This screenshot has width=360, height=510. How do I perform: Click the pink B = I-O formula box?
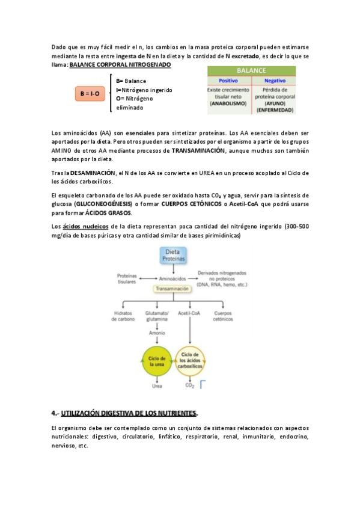point(90,94)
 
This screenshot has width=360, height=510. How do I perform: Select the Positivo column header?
point(229,80)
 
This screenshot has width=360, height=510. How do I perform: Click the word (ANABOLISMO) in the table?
point(229,103)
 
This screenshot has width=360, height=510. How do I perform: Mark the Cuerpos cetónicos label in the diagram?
point(222,316)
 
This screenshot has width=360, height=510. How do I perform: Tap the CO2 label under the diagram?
point(190,386)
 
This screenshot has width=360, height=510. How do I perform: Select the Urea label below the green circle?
point(156,386)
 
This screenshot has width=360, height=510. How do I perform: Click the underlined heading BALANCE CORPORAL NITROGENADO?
point(120,64)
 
